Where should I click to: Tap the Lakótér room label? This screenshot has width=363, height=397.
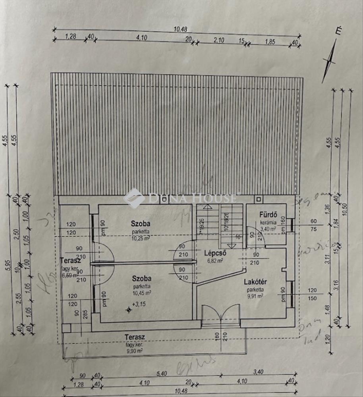[255, 282]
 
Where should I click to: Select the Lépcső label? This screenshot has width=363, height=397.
[215, 252]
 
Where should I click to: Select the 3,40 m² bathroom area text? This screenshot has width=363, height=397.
[269, 229]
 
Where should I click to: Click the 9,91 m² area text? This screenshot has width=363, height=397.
[254, 296]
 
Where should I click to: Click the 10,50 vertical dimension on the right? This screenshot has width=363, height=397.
[350, 210]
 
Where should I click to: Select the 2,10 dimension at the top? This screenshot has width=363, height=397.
[219, 40]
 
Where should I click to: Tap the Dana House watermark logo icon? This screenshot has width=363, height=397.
[134, 198]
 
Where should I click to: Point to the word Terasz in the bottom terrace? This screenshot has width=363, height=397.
[134, 337]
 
